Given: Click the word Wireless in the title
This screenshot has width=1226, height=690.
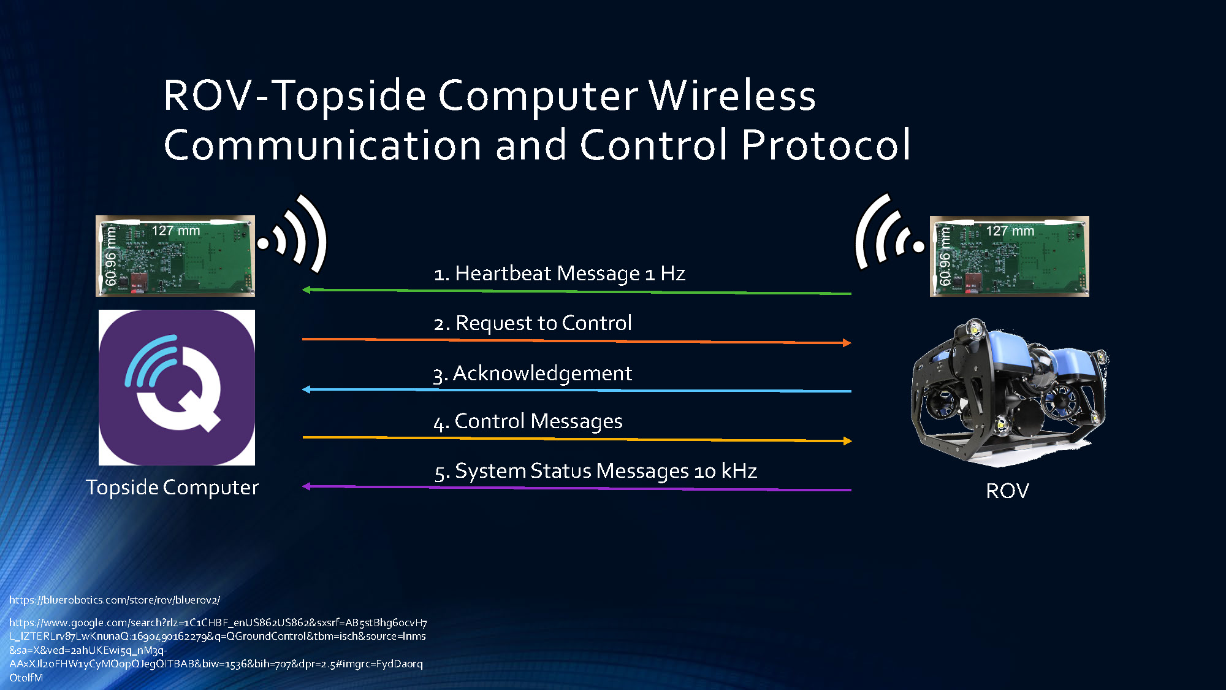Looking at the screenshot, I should click(x=732, y=96).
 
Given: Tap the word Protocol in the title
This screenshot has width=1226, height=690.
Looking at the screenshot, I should click(x=826, y=145).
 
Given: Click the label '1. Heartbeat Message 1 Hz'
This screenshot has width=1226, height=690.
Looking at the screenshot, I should click(x=559, y=274).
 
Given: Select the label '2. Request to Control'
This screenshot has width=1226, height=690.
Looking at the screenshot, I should click(x=532, y=323).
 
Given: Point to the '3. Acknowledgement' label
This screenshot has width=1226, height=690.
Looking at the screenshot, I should click(x=532, y=373).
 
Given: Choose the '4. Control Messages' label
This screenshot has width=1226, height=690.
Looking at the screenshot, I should click(x=528, y=421).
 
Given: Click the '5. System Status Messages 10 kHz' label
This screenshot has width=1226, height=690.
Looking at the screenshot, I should click(x=595, y=471).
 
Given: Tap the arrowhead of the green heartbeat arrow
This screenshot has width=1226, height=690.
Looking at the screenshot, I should click(x=306, y=289).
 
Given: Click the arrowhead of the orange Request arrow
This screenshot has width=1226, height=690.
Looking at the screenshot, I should click(x=847, y=343).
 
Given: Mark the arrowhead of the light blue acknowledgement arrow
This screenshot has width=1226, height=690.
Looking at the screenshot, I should click(x=306, y=389).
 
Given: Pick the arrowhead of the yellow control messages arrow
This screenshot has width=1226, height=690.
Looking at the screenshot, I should click(x=847, y=441).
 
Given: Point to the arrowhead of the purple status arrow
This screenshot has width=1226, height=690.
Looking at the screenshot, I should click(x=306, y=486).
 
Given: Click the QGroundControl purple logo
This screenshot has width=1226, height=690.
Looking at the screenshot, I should click(x=177, y=387).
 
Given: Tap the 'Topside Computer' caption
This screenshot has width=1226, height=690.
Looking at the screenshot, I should click(x=172, y=488).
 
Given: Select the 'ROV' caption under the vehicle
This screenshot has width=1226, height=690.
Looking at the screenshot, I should click(x=1007, y=491).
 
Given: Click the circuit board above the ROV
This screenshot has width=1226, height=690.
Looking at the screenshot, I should click(x=1009, y=256).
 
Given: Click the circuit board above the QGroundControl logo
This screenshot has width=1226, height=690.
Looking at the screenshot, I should click(x=175, y=256).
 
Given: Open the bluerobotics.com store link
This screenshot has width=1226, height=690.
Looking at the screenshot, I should click(x=115, y=600).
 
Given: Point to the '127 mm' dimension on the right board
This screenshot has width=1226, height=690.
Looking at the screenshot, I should click(x=1010, y=231).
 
